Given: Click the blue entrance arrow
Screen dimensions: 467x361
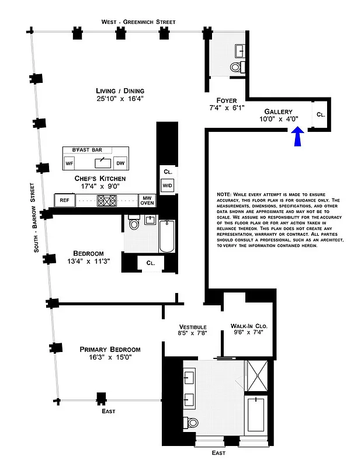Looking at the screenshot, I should point(298,138).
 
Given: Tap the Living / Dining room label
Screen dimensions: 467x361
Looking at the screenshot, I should point(120,90).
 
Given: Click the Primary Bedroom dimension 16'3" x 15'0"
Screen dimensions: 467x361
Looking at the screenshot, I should point(110,357).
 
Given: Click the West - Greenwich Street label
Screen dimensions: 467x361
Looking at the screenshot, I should point(138,22).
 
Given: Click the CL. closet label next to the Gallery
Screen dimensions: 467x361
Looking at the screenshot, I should point(320,115).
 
